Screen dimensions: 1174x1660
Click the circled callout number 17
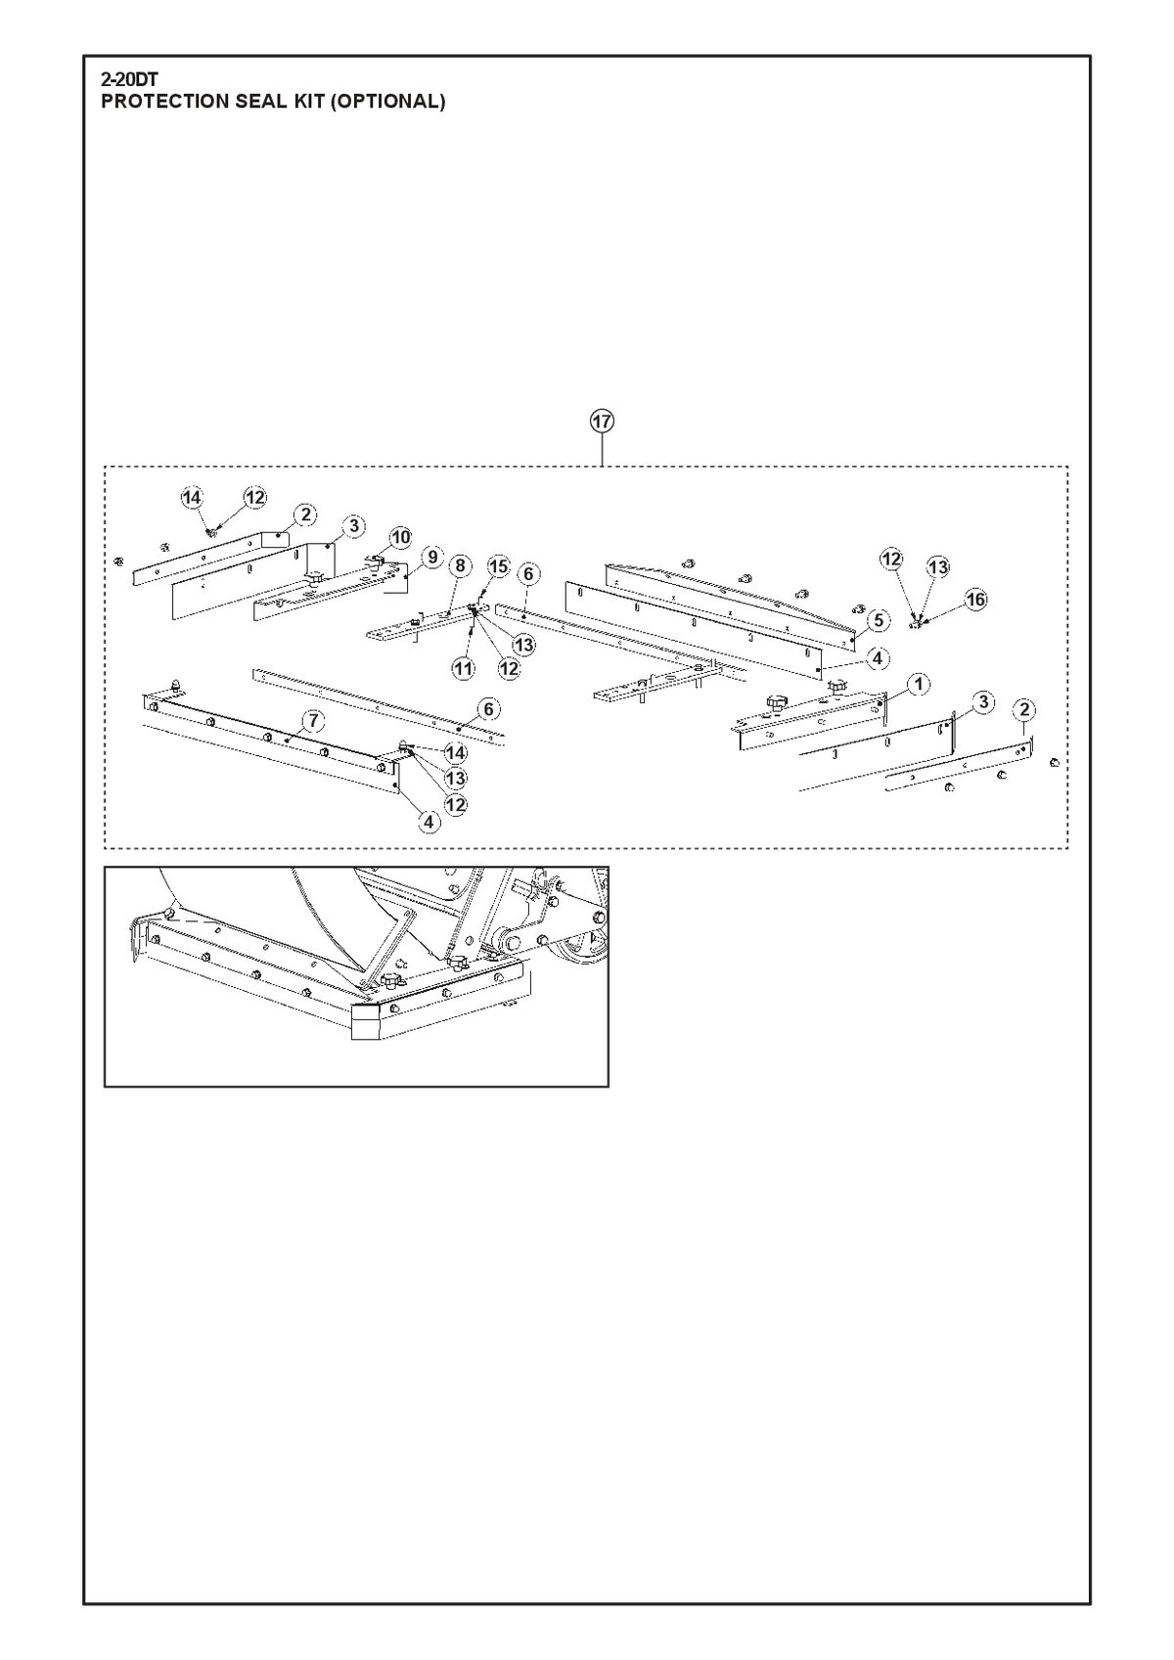[602, 422]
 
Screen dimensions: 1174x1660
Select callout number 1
[919, 684]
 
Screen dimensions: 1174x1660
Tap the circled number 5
[879, 620]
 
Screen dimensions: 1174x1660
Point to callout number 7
[313, 720]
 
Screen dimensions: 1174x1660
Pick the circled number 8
[460, 566]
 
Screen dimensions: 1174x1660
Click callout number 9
[431, 557]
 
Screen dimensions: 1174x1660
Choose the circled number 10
[400, 537]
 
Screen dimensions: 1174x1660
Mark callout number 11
[463, 668]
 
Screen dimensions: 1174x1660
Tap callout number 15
[499, 567]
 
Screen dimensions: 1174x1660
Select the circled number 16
[975, 600]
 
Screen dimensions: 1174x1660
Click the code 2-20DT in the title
[130, 79]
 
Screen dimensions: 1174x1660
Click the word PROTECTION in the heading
[166, 102]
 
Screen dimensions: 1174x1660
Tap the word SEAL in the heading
[258, 102]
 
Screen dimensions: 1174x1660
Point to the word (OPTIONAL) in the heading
[387, 102]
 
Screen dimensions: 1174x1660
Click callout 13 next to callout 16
[938, 567]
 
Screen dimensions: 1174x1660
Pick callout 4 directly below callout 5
[877, 658]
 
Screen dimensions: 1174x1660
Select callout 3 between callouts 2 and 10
[353, 526]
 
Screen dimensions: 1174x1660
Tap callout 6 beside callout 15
[528, 574]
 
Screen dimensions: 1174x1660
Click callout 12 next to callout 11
[509, 668]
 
